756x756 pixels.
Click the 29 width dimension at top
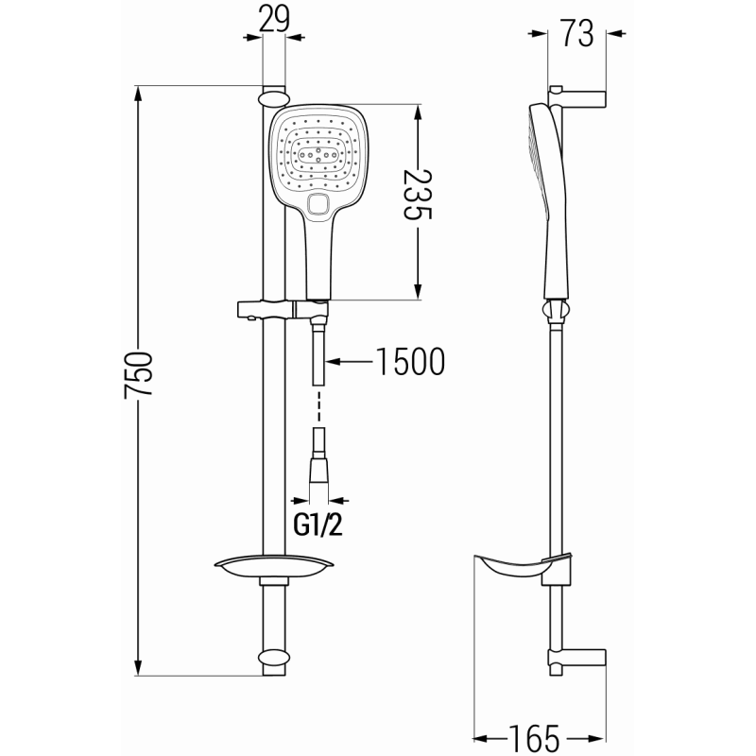[x=274, y=19]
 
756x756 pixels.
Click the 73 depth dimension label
[x=576, y=34]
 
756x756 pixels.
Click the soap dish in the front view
[x=272, y=567]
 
